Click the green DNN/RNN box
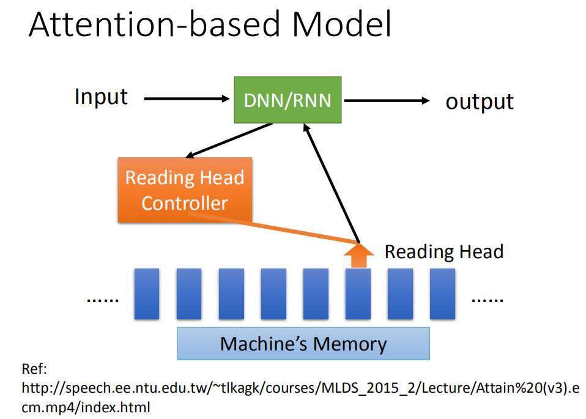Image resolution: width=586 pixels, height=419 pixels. (x=287, y=100)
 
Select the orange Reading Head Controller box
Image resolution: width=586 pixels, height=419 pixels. (x=185, y=190)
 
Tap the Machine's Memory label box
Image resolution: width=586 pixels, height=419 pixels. (x=303, y=344)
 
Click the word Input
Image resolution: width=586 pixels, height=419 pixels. (x=101, y=97)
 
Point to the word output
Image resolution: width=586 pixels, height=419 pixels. (x=480, y=102)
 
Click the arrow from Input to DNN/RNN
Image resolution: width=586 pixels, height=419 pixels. (x=187, y=98)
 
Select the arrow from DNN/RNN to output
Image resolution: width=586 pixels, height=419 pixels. (x=387, y=100)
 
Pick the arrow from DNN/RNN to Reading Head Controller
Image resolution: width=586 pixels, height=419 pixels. (x=229, y=141)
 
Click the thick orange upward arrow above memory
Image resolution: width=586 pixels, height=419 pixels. (x=359, y=256)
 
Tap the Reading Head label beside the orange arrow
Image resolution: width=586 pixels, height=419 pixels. (x=444, y=251)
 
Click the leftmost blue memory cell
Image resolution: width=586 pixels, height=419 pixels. (x=147, y=294)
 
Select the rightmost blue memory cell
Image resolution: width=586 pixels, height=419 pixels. (x=442, y=294)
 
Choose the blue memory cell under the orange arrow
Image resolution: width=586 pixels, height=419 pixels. (x=358, y=294)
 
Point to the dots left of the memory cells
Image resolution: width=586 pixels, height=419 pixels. (x=103, y=300)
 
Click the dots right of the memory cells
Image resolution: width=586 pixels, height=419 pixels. (x=488, y=300)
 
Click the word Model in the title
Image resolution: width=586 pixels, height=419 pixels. (x=341, y=24)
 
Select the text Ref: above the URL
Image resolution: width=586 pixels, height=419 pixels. (x=34, y=369)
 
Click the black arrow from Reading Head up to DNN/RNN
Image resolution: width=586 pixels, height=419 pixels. (x=332, y=184)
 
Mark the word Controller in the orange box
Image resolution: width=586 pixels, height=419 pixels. (x=185, y=203)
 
